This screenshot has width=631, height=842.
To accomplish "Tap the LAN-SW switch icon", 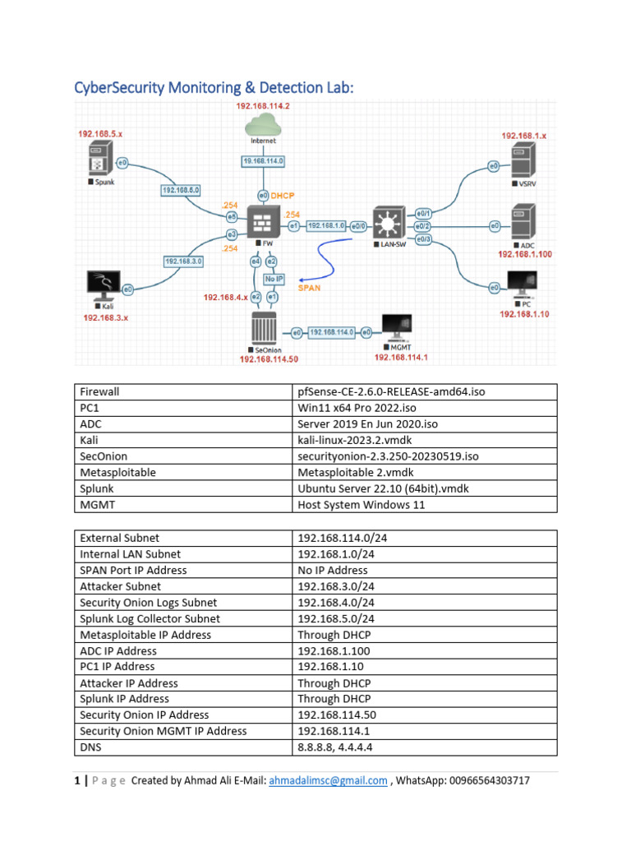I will tap(387, 223).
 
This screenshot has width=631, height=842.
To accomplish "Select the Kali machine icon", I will tap(104, 285).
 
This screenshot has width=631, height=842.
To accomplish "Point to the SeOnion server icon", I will tap(262, 329).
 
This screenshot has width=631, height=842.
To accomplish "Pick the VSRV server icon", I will tap(523, 161).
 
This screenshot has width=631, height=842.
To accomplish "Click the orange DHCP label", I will tap(283, 196).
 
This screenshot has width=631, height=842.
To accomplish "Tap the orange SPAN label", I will tap(309, 289).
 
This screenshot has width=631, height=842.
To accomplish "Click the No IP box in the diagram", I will tap(274, 278).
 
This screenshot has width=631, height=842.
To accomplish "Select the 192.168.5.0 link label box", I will tap(180, 191).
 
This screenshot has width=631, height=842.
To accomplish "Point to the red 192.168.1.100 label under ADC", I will tap(524, 254).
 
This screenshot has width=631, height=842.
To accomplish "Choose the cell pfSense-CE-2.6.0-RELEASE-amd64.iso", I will tap(391, 392).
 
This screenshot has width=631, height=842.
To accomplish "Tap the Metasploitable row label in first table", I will tap(117, 472).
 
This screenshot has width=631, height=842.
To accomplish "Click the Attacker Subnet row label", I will tap(121, 586).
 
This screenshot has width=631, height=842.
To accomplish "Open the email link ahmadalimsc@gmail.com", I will tap(328, 781).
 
